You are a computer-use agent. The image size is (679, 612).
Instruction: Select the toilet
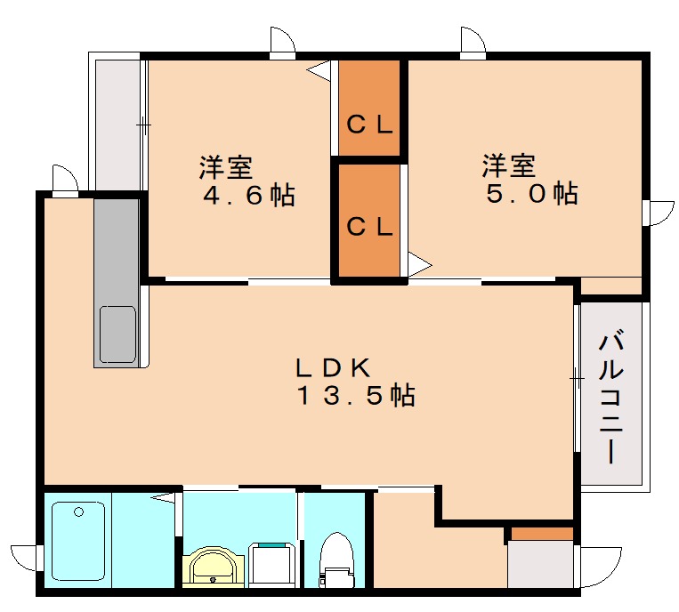click(335, 559)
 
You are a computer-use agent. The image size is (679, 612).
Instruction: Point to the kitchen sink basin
click(117, 334)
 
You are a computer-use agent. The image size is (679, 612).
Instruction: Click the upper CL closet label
click(369, 125)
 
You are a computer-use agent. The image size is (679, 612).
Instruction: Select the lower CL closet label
click(369, 228)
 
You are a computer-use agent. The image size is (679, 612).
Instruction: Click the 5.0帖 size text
click(531, 193)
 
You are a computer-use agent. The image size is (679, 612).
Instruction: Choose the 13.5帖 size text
click(355, 396)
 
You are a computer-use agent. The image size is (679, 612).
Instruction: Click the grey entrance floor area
click(540, 564)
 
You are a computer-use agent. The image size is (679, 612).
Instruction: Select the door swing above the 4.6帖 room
click(283, 41)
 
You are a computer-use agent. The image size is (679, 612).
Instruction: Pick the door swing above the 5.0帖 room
click(473, 41)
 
